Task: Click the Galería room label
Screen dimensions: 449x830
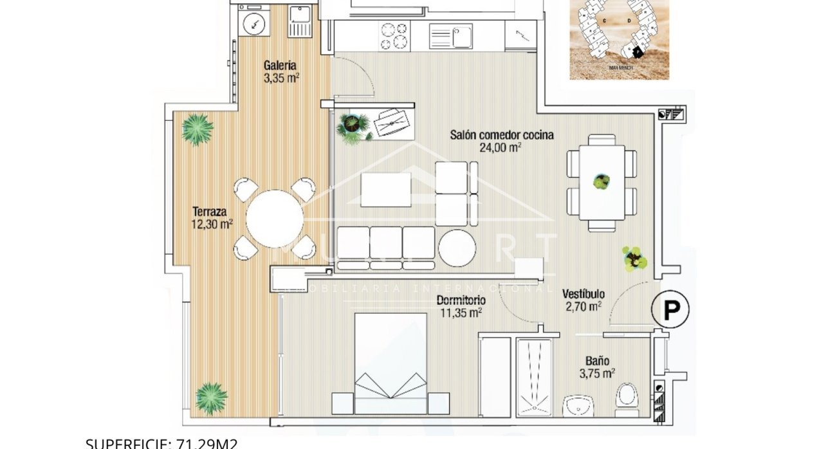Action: [280, 65]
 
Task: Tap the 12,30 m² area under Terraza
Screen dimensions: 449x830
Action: [212, 225]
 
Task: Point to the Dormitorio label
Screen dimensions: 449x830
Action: [461, 300]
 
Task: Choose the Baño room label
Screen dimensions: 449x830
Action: [597, 361]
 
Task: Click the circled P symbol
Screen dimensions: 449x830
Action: [670, 311]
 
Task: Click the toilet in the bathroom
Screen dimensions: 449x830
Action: [625, 396]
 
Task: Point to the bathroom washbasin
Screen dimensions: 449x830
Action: [582, 405]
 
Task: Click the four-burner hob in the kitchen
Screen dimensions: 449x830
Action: [394, 36]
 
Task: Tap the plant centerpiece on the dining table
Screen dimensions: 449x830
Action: [602, 182]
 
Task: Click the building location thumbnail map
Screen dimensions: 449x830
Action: [619, 39]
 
